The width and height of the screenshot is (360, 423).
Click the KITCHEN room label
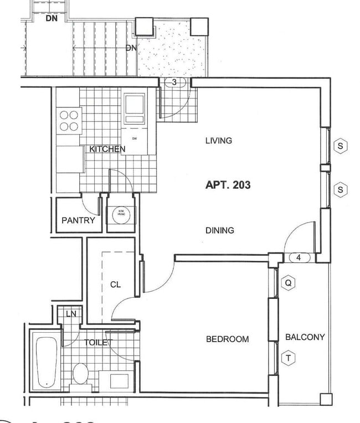coord(107,149)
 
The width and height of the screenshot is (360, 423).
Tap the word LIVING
coord(218,141)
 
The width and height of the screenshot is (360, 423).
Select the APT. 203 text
coord(228,185)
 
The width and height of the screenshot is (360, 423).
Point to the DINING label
coord(219,230)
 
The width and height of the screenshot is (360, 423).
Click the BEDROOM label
coord(227,339)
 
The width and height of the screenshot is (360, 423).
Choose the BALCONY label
coord(305,337)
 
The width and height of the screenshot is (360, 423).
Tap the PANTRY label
coord(78,220)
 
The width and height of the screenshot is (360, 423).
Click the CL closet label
coord(115,285)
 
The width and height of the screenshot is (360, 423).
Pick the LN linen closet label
coord(71,314)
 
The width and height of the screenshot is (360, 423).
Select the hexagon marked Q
coord(288,283)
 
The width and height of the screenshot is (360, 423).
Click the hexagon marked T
coord(288,358)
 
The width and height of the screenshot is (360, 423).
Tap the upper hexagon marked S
coord(341,147)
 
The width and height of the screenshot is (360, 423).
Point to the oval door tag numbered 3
coord(174,82)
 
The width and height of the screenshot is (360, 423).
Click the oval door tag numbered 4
coord(299,257)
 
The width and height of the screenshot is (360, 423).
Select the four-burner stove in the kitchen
coord(69,121)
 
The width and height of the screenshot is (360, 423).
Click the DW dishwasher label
coord(134,138)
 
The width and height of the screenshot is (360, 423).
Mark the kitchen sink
coord(135,107)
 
